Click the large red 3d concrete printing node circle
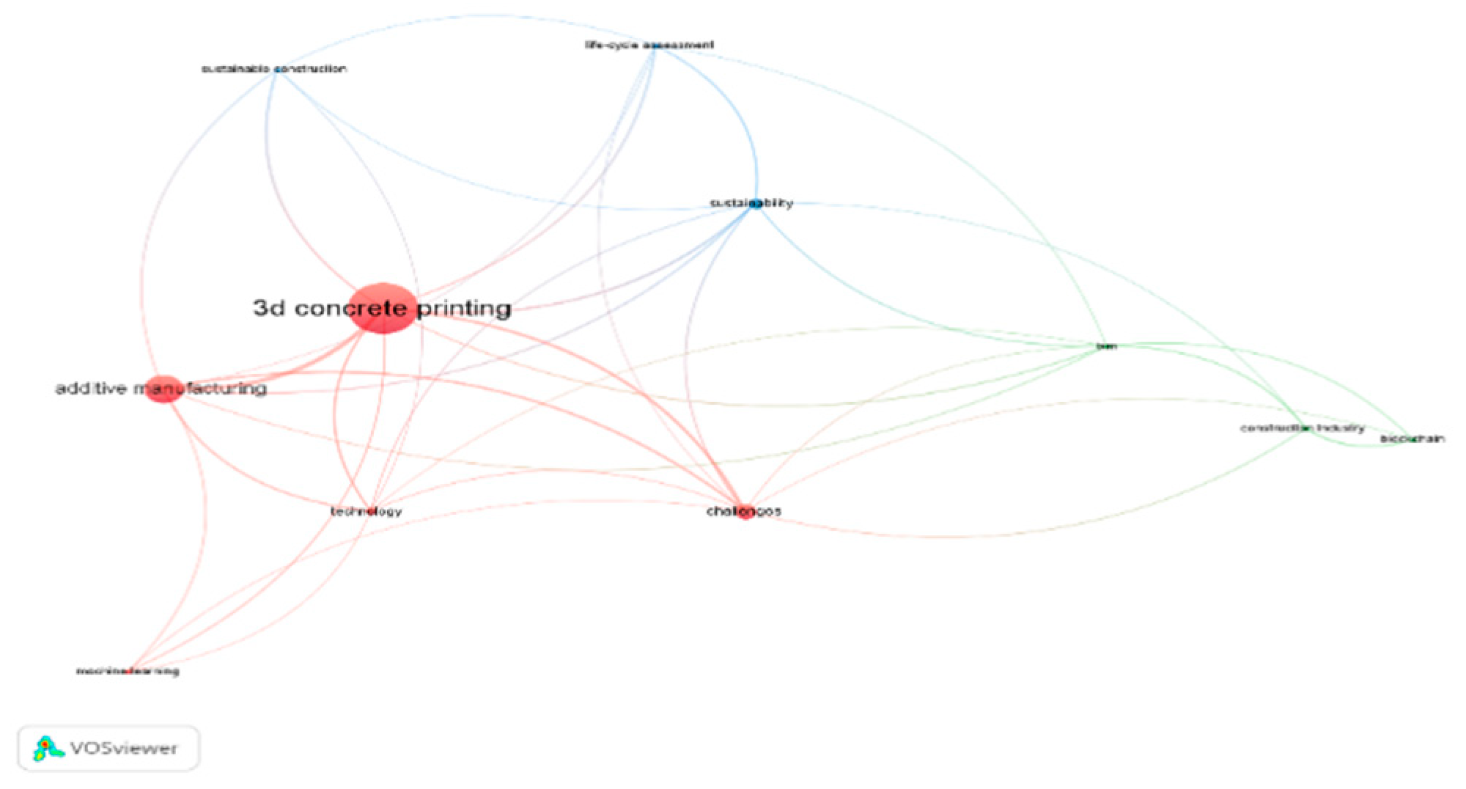click(383, 308)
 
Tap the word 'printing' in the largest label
click(464, 308)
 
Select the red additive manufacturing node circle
click(165, 389)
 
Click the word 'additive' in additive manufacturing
click(92, 389)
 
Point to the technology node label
click(366, 511)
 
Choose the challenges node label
click(743, 511)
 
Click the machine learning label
click(128, 671)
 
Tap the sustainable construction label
click(273, 69)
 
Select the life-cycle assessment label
click(649, 45)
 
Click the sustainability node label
click(751, 203)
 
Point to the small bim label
click(1105, 346)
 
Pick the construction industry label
click(1302, 427)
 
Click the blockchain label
click(1412, 439)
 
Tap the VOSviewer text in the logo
click(123, 749)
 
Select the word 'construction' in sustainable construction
click(312, 69)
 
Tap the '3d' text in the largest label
click(269, 308)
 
